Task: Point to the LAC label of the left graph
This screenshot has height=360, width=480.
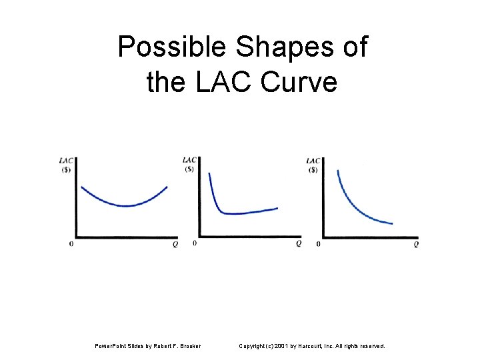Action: [x=67, y=160]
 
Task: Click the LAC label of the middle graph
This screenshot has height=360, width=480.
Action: [x=190, y=159]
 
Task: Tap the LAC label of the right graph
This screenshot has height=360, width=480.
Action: [x=313, y=160]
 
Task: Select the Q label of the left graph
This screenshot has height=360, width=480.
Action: [x=175, y=245]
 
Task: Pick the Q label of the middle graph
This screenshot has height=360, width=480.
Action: [x=299, y=244]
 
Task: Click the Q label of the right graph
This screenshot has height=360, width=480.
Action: [x=416, y=245]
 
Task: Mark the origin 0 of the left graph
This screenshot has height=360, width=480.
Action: [x=71, y=245]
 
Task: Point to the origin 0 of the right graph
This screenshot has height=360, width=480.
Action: [x=318, y=245]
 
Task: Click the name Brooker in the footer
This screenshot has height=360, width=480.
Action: [x=189, y=346]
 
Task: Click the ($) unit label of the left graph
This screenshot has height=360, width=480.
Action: [x=67, y=169]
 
